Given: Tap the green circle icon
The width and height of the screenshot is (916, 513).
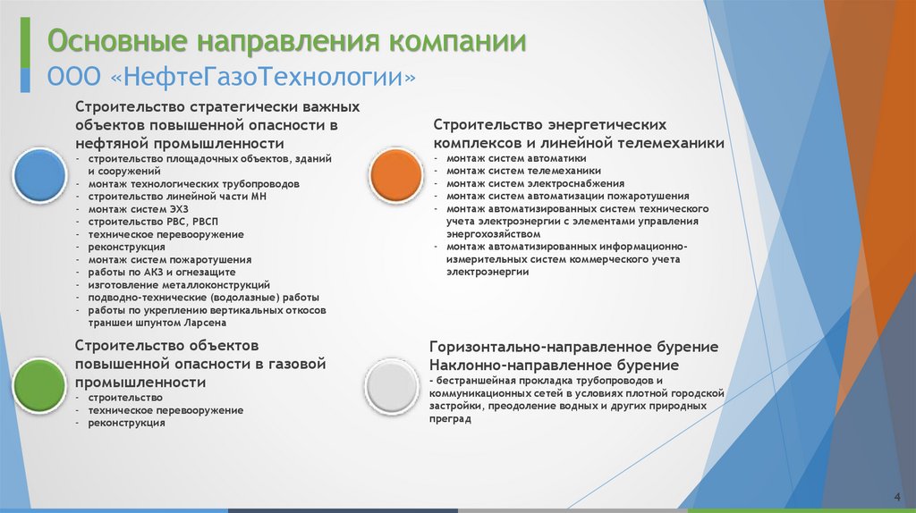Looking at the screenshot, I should [38, 385].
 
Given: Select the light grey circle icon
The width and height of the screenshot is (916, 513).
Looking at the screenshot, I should [392, 385].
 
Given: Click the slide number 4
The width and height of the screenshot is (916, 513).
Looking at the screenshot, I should [896, 497].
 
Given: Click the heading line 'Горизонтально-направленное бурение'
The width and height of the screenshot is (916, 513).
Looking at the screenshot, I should [574, 347].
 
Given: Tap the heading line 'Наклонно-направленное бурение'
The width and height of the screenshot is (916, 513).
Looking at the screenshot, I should [554, 366].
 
